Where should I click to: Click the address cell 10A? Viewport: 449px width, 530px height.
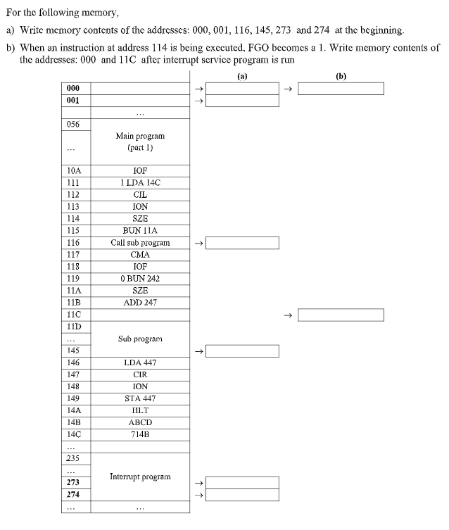click(x=77, y=171)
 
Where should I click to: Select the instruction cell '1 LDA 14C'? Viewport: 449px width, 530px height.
click(x=140, y=183)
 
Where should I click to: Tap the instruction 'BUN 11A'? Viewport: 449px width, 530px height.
click(x=140, y=231)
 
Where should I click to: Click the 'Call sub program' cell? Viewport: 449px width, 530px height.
click(x=140, y=243)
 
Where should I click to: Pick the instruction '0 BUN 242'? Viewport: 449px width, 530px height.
click(x=140, y=279)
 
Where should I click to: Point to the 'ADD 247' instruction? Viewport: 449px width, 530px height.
click(x=140, y=303)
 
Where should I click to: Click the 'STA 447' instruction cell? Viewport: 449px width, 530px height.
click(x=140, y=398)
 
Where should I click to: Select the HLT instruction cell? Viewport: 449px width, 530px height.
click(x=140, y=410)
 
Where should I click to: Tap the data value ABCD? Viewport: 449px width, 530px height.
click(x=140, y=422)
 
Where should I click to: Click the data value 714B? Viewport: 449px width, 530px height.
click(x=140, y=434)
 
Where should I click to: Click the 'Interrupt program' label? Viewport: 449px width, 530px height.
click(x=140, y=477)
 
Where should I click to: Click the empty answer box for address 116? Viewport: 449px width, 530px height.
click(x=242, y=243)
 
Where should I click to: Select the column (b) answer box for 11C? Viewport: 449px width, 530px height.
click(x=341, y=315)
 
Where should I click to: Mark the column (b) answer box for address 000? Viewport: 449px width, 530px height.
click(x=341, y=89)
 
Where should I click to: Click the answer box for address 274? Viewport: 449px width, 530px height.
click(x=242, y=495)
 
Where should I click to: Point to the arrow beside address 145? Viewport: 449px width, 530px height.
click(x=198, y=351)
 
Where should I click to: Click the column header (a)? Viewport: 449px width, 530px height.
click(x=242, y=75)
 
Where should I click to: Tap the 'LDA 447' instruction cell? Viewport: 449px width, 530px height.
click(x=140, y=362)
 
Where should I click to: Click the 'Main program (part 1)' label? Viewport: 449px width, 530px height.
click(x=140, y=141)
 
